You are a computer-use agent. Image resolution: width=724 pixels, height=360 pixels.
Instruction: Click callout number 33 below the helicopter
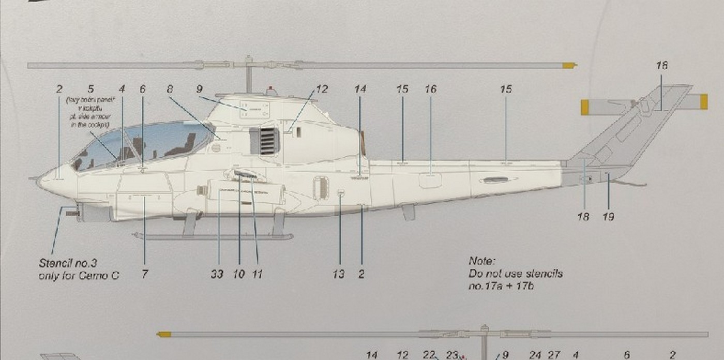coord(217,274)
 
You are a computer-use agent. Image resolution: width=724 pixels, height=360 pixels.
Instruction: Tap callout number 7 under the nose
coord(144,274)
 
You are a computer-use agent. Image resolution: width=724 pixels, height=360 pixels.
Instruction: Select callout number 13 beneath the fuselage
coord(338,274)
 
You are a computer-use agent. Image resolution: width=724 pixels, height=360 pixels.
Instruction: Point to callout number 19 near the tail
coord(608,217)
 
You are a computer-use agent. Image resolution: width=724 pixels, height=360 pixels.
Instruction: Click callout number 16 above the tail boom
coord(430,89)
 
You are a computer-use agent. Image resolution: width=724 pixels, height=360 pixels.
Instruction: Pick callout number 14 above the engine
coord(360,89)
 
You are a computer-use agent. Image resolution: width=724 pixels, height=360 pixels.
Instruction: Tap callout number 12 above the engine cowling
coord(322,89)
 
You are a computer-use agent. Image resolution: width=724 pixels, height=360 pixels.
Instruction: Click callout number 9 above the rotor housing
coord(199,89)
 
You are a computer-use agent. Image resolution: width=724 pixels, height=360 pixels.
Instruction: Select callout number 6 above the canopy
coord(143,89)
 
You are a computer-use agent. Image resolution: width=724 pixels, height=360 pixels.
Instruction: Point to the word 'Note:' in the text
coord(482,261)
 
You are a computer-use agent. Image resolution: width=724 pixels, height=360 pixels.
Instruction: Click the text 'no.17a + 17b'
coord(501,285)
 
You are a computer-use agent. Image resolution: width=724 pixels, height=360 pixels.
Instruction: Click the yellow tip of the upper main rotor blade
coord(569,66)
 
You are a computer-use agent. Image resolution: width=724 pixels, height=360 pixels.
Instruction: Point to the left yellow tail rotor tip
coord(584,107)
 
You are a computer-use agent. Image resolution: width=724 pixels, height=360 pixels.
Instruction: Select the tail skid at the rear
coord(631,183)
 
